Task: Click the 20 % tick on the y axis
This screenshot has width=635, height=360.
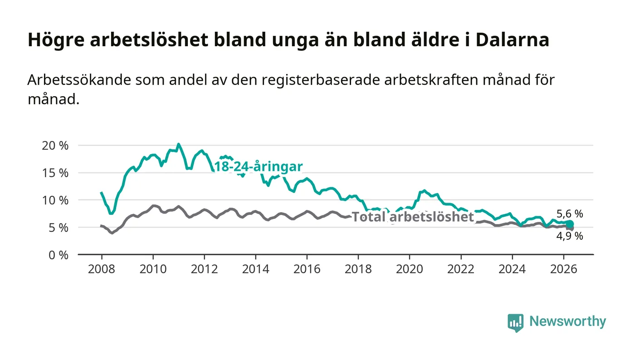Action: pyautogui.click(x=55, y=146)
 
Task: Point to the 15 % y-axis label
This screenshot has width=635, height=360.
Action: pyautogui.click(x=55, y=173)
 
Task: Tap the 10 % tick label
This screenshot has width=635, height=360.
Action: pyautogui.click(x=55, y=200)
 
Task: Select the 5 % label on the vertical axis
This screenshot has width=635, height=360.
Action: pyautogui.click(x=59, y=228)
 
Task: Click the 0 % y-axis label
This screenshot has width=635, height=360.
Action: pyautogui.click(x=59, y=255)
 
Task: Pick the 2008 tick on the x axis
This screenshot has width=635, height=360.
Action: pyautogui.click(x=102, y=269)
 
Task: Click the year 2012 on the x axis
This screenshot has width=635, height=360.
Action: pyautogui.click(x=205, y=269)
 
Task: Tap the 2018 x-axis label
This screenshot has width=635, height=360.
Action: pyautogui.click(x=358, y=269)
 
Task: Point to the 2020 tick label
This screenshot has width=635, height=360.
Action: pyautogui.click(x=409, y=269)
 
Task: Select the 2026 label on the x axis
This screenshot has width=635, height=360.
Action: pyautogui.click(x=563, y=269)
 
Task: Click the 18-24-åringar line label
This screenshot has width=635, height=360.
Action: pyautogui.click(x=259, y=167)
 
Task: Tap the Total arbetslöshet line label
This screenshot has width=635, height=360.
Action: pyautogui.click(x=413, y=217)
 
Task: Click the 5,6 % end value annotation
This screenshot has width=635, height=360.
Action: pyautogui.click(x=570, y=214)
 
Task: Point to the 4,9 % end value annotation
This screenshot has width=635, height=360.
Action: pyautogui.click(x=570, y=236)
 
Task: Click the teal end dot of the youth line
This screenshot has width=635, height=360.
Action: pyautogui.click(x=570, y=224)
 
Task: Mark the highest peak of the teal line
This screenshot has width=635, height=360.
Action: pyautogui.click(x=178, y=144)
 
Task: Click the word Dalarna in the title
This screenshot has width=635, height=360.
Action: pyautogui.click(x=513, y=40)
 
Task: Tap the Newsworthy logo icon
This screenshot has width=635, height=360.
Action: pyautogui.click(x=515, y=322)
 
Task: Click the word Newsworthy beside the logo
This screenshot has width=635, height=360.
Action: pyautogui.click(x=568, y=321)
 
